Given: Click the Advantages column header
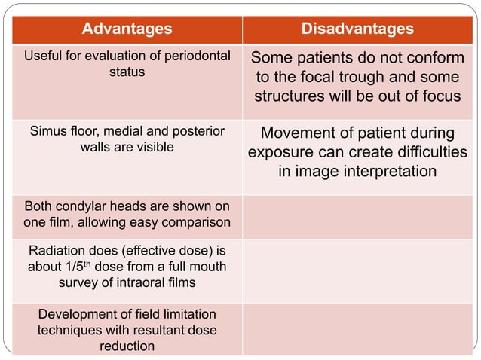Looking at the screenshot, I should pyautogui.click(x=127, y=29).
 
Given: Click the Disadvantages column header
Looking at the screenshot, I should pyautogui.click(x=357, y=29).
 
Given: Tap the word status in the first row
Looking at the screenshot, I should pyautogui.click(x=127, y=72).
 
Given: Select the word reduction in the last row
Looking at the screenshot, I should pyautogui.click(x=127, y=346).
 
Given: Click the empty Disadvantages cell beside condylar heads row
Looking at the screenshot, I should pyautogui.click(x=357, y=214).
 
